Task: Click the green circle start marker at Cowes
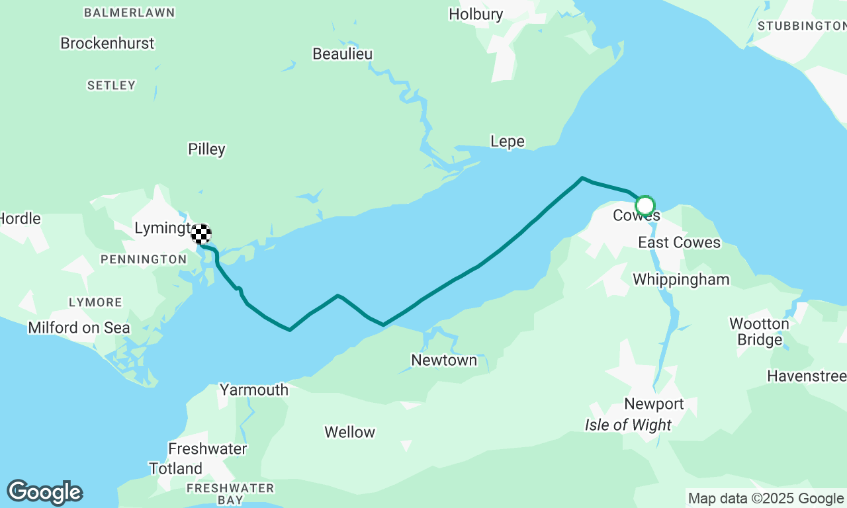pos(645,206)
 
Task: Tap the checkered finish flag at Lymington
pos(201,233)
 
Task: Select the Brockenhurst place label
pos(107,44)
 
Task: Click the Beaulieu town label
pos(343,54)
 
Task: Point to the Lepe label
pos(508,142)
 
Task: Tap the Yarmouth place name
pos(254,390)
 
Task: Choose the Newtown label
pos(444,360)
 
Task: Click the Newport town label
pos(654,404)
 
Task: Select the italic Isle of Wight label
pos(628,425)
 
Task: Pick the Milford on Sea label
pos(79,328)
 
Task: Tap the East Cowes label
pos(679,243)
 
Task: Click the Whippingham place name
pos(681,280)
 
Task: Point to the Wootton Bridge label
pos(759,332)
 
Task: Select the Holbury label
pos(476,14)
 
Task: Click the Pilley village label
pos(207,149)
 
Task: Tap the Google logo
pos(45,493)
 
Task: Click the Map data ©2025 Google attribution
pos(766,499)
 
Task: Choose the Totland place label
pos(175,469)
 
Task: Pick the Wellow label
pos(349,433)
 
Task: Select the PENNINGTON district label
pos(144,260)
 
